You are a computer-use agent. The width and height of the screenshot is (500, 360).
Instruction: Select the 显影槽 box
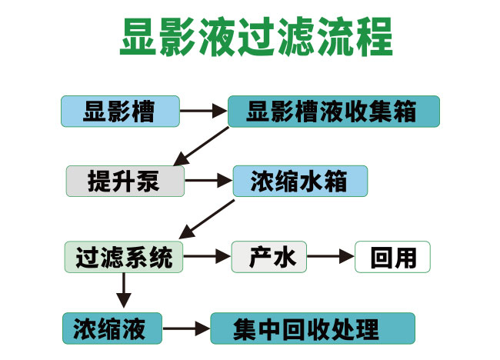(x=119, y=112)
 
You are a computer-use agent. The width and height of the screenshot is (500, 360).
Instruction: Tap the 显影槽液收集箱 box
(x=333, y=112)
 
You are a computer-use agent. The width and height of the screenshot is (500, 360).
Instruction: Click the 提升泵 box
(x=125, y=182)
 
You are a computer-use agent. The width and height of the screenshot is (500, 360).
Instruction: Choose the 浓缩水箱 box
(x=300, y=182)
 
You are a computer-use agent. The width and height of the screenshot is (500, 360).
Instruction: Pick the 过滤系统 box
(x=124, y=257)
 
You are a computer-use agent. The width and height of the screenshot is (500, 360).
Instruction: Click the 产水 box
(x=269, y=257)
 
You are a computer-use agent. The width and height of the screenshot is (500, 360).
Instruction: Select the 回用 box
(x=392, y=257)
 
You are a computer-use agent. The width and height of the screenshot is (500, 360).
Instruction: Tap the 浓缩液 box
(x=114, y=328)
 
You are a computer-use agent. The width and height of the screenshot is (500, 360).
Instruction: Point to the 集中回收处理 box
(x=312, y=328)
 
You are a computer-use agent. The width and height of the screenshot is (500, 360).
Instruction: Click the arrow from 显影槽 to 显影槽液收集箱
(x=204, y=112)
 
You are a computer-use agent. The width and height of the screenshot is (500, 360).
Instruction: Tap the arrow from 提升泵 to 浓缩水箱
(x=208, y=182)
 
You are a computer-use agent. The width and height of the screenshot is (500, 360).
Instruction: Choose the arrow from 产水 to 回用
(x=331, y=257)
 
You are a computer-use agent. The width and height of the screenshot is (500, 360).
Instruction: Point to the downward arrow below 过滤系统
(x=123, y=291)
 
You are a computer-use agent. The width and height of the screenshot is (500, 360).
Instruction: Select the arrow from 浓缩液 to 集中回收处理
(x=188, y=329)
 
